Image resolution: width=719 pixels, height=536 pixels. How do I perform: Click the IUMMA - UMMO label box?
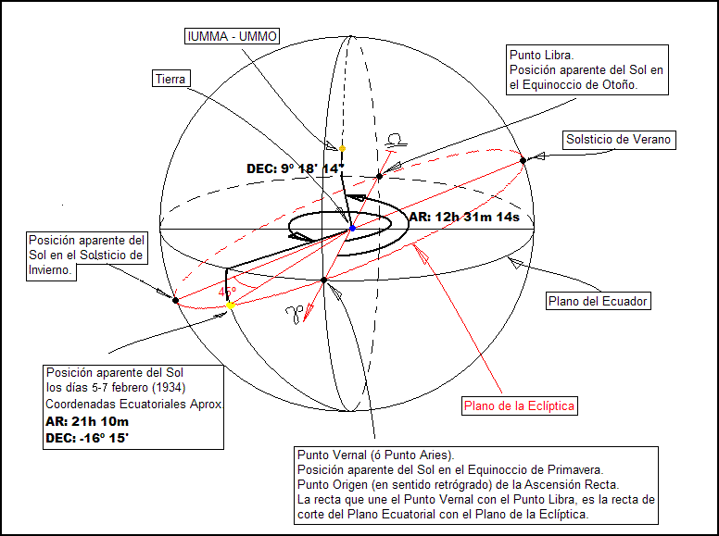click(x=233, y=36)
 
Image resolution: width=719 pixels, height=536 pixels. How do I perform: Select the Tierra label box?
click(x=170, y=79)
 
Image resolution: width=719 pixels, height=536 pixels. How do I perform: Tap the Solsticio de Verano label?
click(x=619, y=140)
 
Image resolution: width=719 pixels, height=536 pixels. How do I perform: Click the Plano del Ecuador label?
click(x=598, y=301)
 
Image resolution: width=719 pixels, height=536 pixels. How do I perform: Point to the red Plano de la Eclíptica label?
click(x=520, y=405)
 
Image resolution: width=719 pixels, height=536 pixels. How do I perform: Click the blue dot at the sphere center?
click(x=352, y=227)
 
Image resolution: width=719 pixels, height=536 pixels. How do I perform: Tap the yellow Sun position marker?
click(x=230, y=305)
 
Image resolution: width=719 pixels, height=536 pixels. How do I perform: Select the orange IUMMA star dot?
click(x=342, y=148)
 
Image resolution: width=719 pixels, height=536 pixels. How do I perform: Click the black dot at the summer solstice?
click(x=523, y=160)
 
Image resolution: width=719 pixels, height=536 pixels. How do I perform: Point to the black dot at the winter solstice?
click(x=175, y=299)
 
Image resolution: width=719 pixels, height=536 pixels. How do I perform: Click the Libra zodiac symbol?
click(x=397, y=141)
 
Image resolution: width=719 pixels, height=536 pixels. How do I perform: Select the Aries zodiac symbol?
click(x=295, y=315)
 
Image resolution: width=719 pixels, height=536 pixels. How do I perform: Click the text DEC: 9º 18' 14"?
click(x=295, y=168)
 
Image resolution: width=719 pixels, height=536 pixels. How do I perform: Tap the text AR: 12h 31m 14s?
click(x=463, y=218)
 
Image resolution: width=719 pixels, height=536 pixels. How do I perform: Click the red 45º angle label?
click(x=227, y=292)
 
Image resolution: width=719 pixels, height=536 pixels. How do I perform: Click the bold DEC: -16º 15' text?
click(x=87, y=438)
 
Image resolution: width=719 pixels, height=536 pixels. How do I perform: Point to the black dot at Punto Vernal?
click(x=323, y=280)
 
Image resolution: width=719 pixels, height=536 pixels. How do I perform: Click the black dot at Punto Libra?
click(x=380, y=175)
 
